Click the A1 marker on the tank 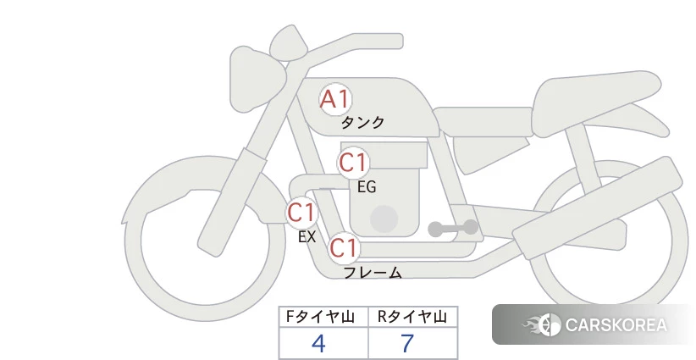335,99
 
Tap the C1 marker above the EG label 353,163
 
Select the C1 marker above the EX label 301,212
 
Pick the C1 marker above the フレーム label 344,247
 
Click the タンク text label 362,122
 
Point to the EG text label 367,187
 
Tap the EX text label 307,237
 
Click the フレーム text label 373,272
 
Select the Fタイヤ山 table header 320,317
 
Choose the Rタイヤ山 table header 412,317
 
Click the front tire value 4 318,343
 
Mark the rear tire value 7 407,343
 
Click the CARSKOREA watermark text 616,325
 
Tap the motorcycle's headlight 257,79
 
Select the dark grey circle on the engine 384,219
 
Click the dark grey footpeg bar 453,228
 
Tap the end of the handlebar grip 399,42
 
